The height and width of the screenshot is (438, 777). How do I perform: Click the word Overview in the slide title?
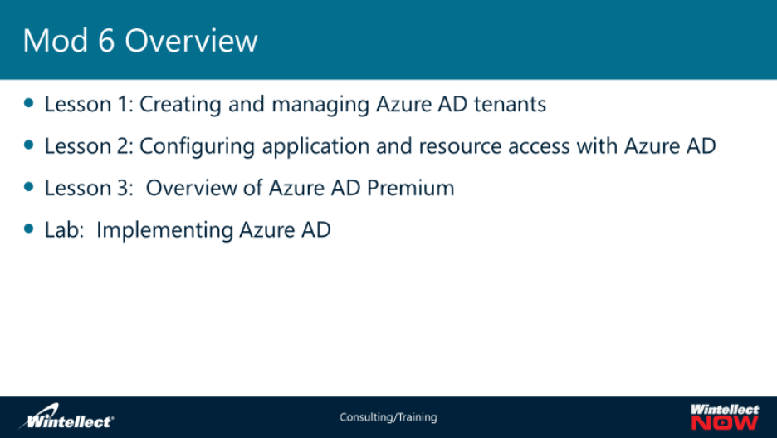click(x=191, y=40)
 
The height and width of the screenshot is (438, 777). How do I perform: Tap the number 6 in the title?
click(x=106, y=40)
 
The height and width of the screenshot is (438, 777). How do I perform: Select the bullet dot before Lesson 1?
click(x=29, y=103)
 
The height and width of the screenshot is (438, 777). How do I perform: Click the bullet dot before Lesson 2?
click(x=29, y=145)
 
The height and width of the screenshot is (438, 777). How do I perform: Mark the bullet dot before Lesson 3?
click(x=29, y=186)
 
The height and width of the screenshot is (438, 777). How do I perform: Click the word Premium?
click(x=410, y=188)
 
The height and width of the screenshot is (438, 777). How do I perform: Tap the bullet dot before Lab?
click(x=29, y=229)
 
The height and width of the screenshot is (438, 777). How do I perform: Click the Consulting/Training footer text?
click(x=388, y=417)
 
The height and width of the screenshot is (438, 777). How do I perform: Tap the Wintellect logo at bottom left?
click(x=66, y=416)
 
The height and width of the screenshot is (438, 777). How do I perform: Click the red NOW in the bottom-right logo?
click(x=725, y=422)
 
